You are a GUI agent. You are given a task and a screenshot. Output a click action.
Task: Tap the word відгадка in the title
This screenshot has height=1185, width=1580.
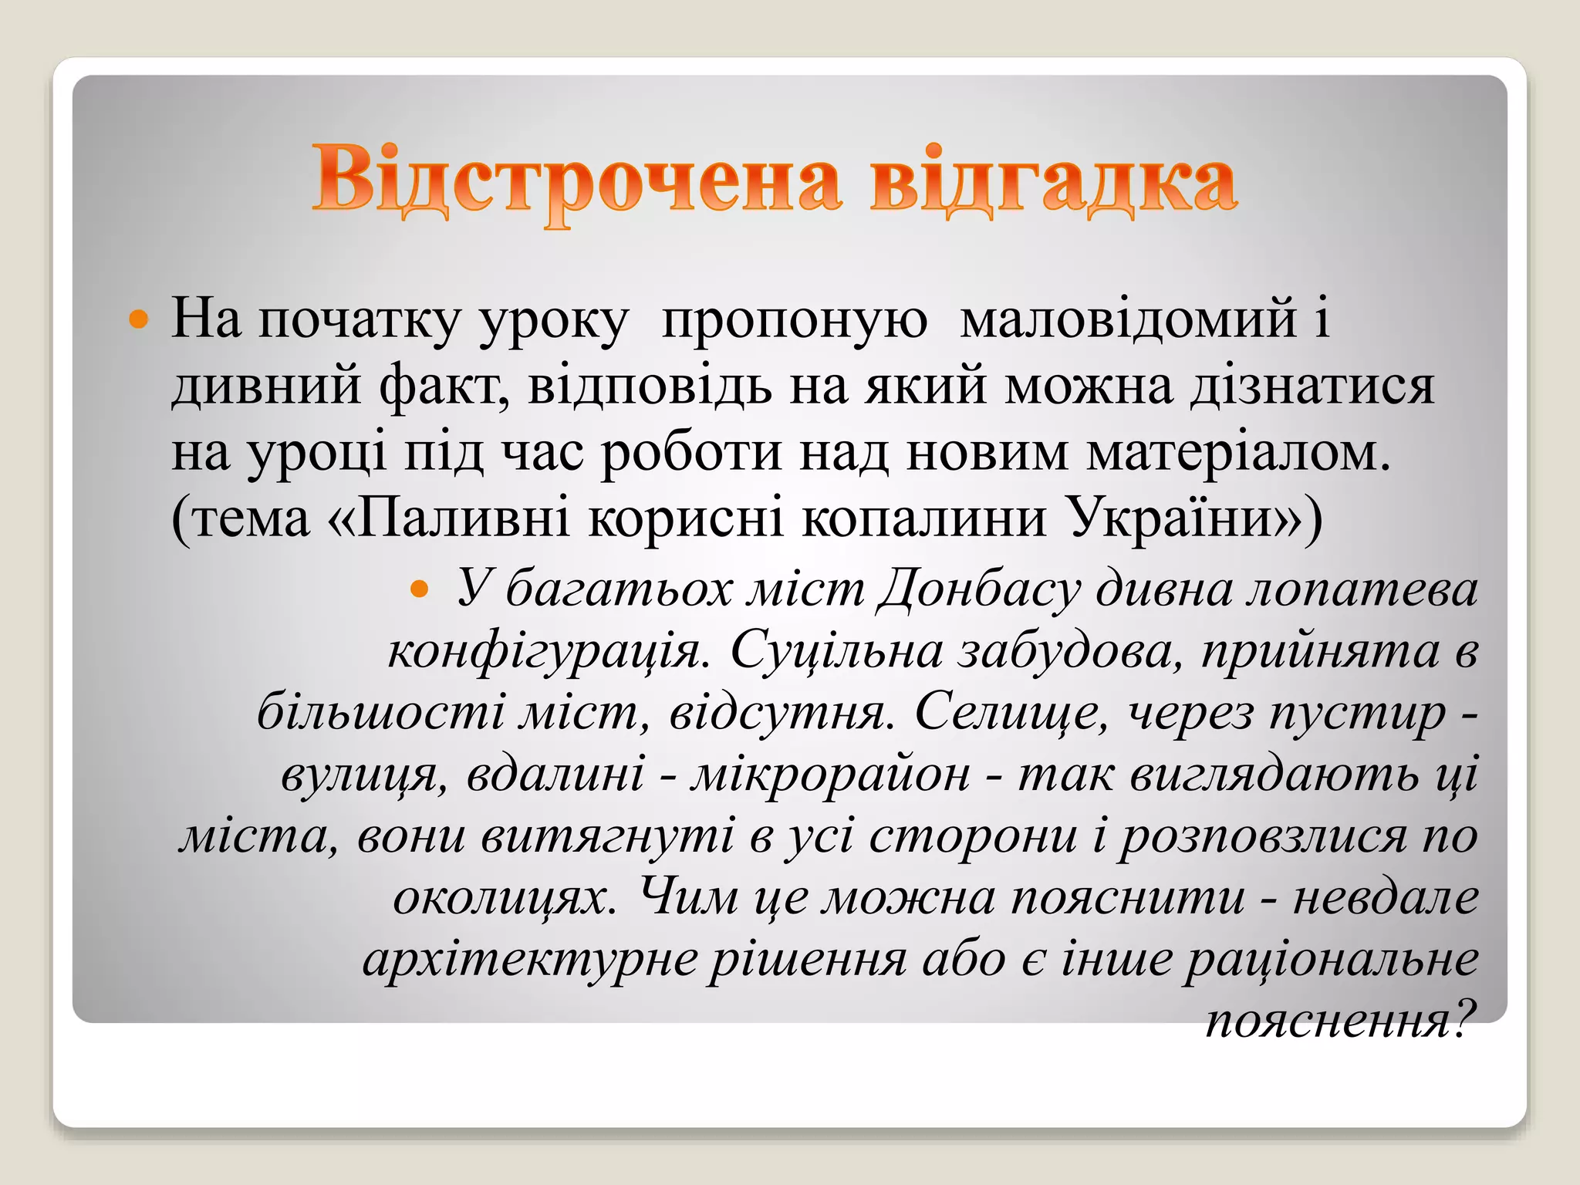pyautogui.click(x=1053, y=181)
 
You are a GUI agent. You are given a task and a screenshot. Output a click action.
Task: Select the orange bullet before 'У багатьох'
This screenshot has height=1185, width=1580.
pyautogui.click(x=420, y=591)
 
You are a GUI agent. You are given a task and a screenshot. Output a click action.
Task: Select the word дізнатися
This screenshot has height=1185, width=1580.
pyautogui.click(x=1312, y=386)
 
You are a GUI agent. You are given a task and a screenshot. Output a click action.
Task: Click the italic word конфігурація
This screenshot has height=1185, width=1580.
pyautogui.click(x=548, y=653)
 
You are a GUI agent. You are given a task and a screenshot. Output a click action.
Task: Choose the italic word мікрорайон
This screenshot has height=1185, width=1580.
pyautogui.click(x=830, y=775)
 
